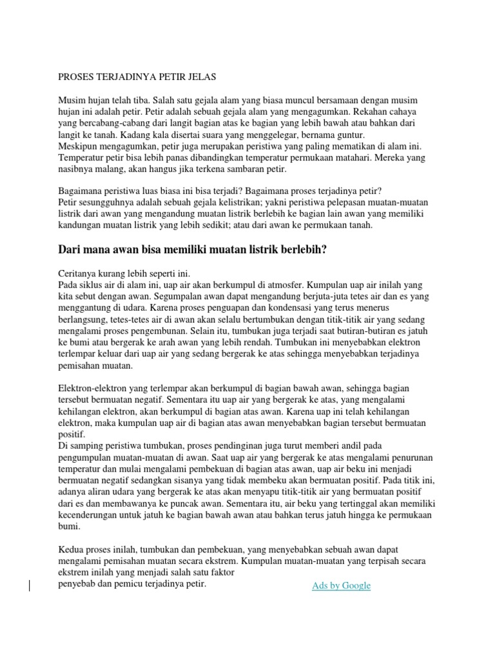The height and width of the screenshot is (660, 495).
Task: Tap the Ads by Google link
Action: pos(341,585)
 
